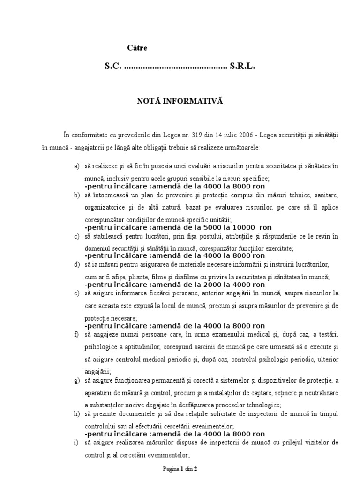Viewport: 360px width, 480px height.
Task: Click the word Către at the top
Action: coord(138,48)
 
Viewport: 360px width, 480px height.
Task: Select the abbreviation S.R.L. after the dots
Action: coord(242,67)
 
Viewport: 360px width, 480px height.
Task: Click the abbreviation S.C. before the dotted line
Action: coord(113,67)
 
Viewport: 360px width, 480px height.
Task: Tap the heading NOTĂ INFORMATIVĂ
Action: coord(180,101)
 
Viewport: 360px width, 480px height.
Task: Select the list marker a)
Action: coord(77,166)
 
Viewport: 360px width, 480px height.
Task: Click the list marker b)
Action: coord(77,195)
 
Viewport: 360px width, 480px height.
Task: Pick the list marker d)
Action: coord(77,264)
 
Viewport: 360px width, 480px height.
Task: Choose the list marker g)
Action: coord(77,380)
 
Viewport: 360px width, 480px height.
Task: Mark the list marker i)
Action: coord(76,442)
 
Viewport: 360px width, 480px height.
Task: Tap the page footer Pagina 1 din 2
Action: coord(180,468)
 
